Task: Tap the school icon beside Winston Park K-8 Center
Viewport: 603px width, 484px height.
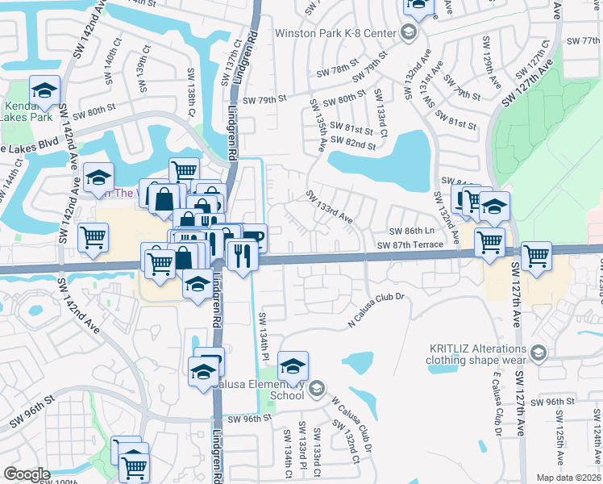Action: (x=408, y=33)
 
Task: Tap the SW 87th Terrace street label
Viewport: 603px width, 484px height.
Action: (x=412, y=245)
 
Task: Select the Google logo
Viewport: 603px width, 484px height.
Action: (x=27, y=474)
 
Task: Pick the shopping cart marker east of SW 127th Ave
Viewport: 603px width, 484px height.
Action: (x=535, y=256)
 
